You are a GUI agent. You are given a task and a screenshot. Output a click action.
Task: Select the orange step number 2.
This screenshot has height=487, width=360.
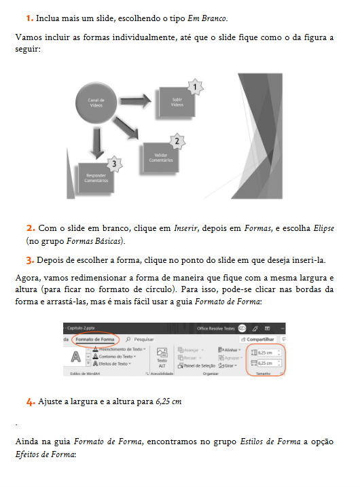pyautogui.click(x=31, y=228)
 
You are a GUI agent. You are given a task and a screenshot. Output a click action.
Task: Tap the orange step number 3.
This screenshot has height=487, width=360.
pyautogui.click(x=31, y=259)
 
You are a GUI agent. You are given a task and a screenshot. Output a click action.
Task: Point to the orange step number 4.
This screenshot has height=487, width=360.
pyautogui.click(x=31, y=401)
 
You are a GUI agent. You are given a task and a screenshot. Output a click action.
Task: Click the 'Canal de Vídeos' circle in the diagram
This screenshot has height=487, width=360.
pyautogui.click(x=96, y=103)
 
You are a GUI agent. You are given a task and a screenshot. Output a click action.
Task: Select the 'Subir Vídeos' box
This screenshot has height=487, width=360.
pyautogui.click(x=177, y=102)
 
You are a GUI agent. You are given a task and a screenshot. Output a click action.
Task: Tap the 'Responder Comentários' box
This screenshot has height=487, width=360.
pyautogui.click(x=96, y=178)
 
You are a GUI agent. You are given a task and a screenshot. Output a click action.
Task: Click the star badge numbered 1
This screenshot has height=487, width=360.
pyautogui.click(x=195, y=88)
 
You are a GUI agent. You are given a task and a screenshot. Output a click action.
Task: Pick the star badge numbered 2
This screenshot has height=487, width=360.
pyautogui.click(x=177, y=142)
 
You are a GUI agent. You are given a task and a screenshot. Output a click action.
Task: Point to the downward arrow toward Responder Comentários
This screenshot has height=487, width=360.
pyautogui.click(x=96, y=142)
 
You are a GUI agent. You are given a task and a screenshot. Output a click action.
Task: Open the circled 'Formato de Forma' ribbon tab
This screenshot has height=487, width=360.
pyautogui.click(x=94, y=338)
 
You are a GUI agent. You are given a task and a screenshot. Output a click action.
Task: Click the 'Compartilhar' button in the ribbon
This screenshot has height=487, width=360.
pyautogui.click(x=264, y=338)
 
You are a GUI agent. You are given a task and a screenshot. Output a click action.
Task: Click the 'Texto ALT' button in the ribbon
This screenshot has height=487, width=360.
pyautogui.click(x=162, y=357)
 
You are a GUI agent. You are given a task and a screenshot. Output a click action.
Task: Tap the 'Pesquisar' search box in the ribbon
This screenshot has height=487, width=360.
pyautogui.click(x=139, y=338)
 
